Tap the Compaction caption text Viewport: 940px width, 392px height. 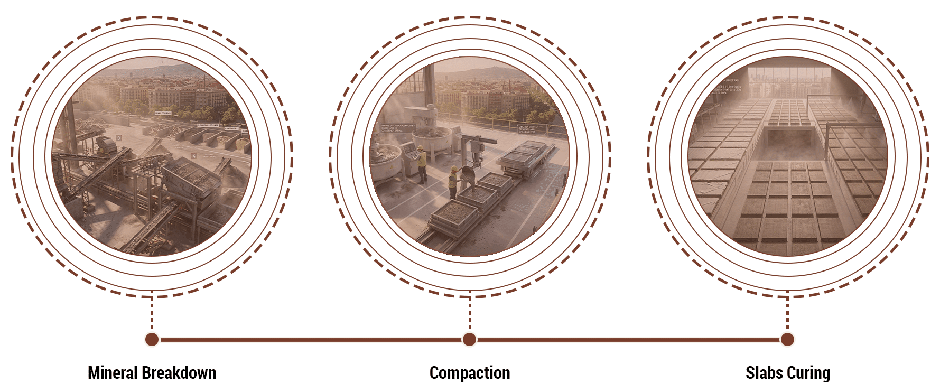[470, 373]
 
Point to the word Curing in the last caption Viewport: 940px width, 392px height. [808, 373]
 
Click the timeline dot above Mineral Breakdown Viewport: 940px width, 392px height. [152, 340]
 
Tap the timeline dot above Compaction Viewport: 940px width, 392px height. [469, 340]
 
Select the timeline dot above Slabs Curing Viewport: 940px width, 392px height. [787, 340]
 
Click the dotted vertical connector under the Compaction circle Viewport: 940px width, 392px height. [469, 314]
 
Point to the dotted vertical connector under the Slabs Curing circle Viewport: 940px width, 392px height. [787, 314]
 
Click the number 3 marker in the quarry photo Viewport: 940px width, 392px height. [119, 138]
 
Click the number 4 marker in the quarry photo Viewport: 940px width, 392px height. [194, 156]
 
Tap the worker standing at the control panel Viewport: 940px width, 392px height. [421, 163]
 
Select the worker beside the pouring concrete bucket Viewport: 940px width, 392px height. [452, 182]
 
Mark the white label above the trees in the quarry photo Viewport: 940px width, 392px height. [163, 113]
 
